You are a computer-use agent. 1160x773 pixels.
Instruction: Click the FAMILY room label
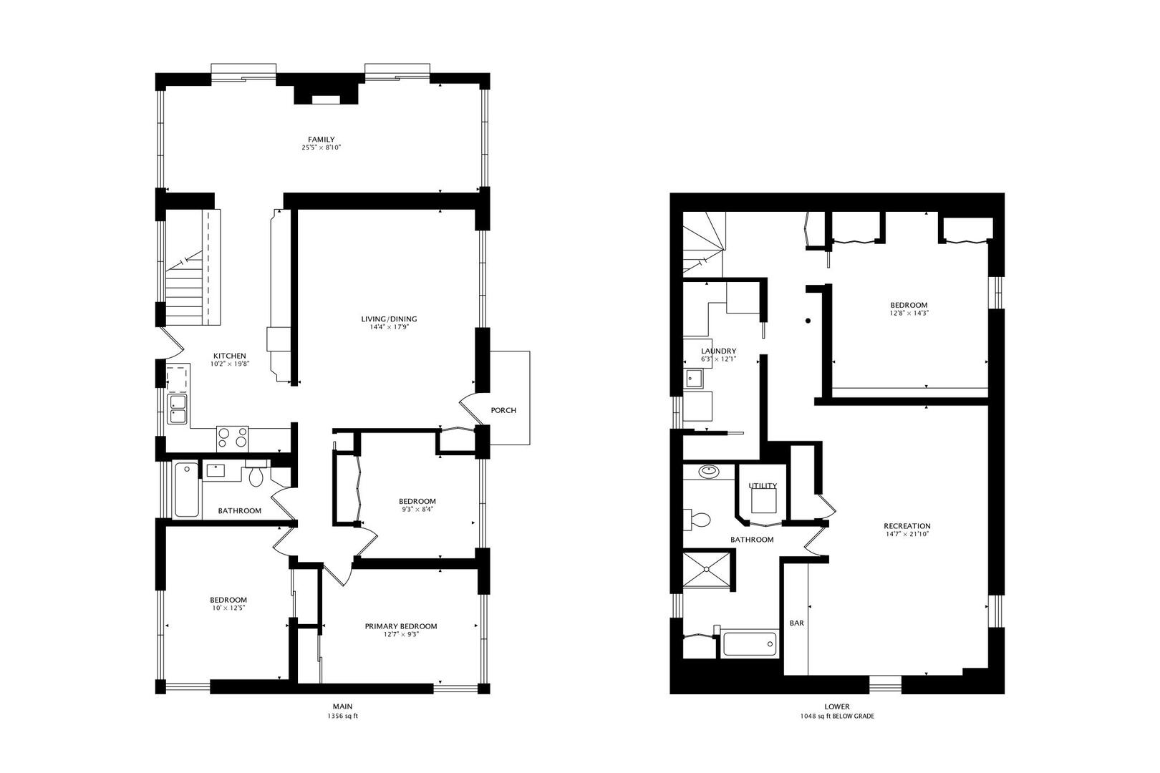tap(321, 140)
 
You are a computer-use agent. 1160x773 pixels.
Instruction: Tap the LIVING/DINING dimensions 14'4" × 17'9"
tap(389, 328)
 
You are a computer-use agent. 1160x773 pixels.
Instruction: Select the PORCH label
tap(503, 410)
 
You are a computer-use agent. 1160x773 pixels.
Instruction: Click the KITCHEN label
tap(229, 356)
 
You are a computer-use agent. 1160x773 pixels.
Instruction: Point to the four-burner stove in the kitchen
tap(232, 437)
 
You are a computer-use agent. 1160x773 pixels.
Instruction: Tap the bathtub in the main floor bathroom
tap(186, 490)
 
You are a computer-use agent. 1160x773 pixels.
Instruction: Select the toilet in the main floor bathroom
tap(256, 476)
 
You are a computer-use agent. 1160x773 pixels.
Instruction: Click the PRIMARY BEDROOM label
tap(400, 626)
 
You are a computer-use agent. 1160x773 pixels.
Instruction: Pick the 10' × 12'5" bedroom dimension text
tap(228, 608)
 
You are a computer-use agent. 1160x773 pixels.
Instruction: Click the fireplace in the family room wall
tap(327, 94)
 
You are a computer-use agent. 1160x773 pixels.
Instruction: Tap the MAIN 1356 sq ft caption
tap(342, 711)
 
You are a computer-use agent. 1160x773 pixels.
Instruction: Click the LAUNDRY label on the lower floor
tap(718, 351)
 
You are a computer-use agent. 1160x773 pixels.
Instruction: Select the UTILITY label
tap(762, 486)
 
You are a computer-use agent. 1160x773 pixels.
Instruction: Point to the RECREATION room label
tap(907, 526)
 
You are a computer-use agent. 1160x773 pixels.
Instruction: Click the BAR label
tap(796, 623)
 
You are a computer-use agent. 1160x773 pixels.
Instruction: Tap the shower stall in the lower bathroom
tap(708, 570)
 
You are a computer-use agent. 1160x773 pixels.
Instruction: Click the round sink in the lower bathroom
tap(709, 472)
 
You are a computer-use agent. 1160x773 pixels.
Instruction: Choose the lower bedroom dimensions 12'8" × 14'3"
tap(908, 313)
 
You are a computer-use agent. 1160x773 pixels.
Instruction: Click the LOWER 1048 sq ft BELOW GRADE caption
tap(836, 711)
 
